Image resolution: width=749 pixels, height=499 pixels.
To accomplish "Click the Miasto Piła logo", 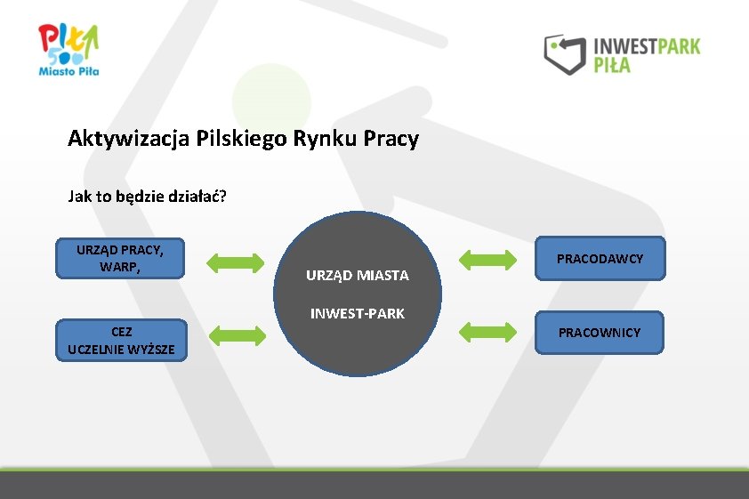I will tap(68, 49).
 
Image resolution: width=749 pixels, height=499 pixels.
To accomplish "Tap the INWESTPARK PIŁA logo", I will tap(622, 54).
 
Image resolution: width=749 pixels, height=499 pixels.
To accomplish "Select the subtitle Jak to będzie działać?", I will tap(147, 196).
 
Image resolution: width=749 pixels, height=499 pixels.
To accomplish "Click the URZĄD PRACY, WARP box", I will tap(119, 259).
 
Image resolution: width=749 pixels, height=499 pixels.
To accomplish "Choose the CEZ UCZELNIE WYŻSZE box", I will tap(121, 341).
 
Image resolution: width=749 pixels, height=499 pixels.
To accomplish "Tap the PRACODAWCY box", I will tap(600, 258).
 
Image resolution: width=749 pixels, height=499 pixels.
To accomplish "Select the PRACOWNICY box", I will tap(599, 332).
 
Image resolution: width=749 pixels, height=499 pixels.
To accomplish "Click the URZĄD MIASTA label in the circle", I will tap(358, 276).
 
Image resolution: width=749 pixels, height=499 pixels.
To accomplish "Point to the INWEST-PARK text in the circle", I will tap(358, 313).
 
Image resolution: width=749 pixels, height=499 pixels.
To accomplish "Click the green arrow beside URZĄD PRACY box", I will tap(236, 262).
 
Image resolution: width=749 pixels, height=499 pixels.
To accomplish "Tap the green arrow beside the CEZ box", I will tap(237, 335).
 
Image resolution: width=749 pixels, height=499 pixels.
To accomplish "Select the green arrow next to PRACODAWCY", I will tap(487, 260).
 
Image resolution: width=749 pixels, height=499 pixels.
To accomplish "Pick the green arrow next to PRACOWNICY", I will tap(487, 332).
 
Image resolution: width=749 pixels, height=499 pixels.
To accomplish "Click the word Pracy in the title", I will tap(391, 140).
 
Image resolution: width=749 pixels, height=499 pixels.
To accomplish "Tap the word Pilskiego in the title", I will tap(233, 140).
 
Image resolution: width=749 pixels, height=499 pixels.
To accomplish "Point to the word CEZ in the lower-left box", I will tap(122, 332).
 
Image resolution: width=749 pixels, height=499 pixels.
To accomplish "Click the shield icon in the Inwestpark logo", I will tap(563, 54).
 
